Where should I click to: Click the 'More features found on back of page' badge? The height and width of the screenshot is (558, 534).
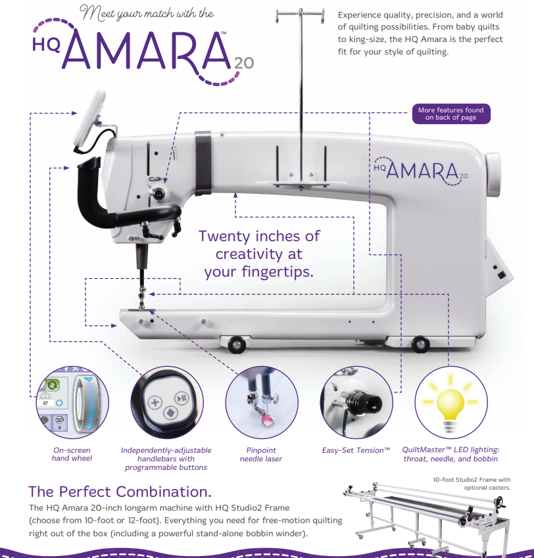pyautogui.click(x=451, y=114)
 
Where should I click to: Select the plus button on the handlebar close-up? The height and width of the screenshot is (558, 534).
pyautogui.click(x=155, y=403)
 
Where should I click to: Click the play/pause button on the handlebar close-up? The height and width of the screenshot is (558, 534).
pyautogui.click(x=182, y=398)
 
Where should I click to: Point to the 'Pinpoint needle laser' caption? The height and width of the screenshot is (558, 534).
pyautogui.click(x=261, y=454)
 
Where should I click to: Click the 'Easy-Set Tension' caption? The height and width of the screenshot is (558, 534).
pyautogui.click(x=356, y=450)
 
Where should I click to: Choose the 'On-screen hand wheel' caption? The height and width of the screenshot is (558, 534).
pyautogui.click(x=72, y=454)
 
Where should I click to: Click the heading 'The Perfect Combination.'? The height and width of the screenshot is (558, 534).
pyautogui.click(x=120, y=492)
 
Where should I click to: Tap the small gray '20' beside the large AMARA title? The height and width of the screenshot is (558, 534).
pyautogui.click(x=244, y=63)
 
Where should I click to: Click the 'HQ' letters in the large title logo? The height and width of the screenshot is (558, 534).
pyautogui.click(x=46, y=45)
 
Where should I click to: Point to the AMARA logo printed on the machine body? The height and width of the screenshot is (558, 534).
pyautogui.click(x=421, y=171)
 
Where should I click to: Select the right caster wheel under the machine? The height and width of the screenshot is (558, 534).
pyautogui.click(x=420, y=344)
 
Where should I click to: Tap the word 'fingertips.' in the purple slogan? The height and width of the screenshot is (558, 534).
pyautogui.click(x=278, y=272)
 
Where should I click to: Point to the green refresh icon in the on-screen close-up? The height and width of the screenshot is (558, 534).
pyautogui.click(x=53, y=384)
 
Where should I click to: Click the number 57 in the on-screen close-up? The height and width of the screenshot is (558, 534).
pyautogui.click(x=45, y=403)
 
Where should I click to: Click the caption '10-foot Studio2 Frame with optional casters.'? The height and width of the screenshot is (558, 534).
pyautogui.click(x=472, y=484)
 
